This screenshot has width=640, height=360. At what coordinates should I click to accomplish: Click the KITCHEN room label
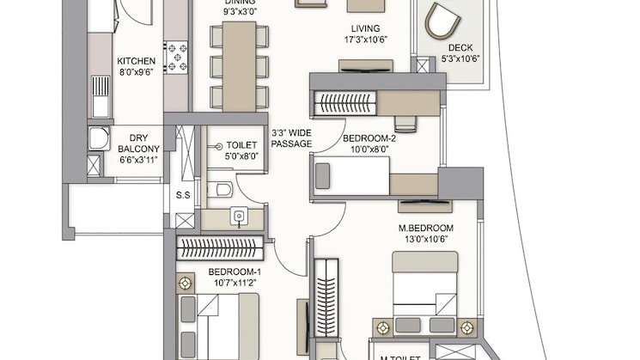point(136,61)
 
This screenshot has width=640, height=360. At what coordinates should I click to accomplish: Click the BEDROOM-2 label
point(369,137)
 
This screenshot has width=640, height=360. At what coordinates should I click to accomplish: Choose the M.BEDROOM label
point(424,228)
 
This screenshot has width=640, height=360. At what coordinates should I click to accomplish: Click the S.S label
point(183,195)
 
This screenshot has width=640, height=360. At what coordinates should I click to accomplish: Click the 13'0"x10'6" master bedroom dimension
point(424,240)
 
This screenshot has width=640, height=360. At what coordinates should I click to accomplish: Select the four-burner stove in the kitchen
point(176,57)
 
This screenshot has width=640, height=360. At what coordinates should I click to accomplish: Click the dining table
point(239,65)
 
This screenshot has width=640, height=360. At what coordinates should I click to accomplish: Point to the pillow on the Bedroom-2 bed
point(323,175)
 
